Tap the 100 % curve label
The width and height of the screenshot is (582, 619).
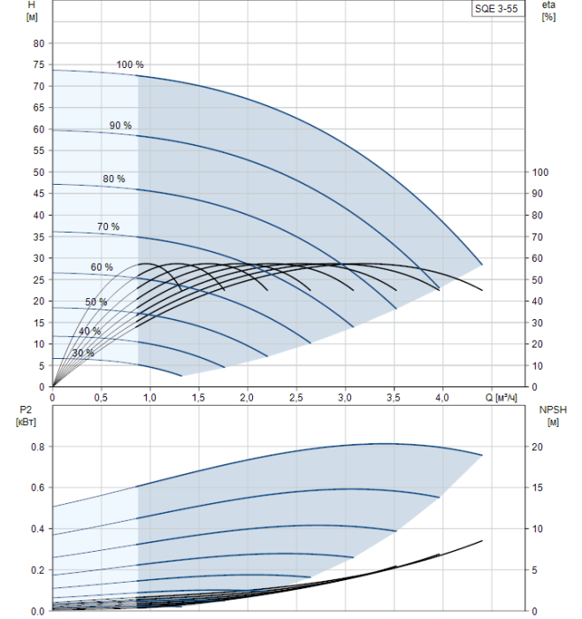coord(129,65)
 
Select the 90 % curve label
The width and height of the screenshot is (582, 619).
coord(120,126)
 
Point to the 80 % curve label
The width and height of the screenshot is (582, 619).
coord(114,179)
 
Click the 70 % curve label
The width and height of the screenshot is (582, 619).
coord(108,227)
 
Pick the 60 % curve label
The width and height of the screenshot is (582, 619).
coord(102,267)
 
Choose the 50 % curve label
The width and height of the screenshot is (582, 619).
coord(96,302)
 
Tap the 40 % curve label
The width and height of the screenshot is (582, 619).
coord(89,331)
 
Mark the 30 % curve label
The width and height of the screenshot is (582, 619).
coord(83,353)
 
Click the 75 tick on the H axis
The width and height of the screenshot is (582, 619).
coord(38,65)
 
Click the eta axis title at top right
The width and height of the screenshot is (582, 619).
coord(548,11)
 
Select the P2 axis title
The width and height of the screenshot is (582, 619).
coord(24,416)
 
